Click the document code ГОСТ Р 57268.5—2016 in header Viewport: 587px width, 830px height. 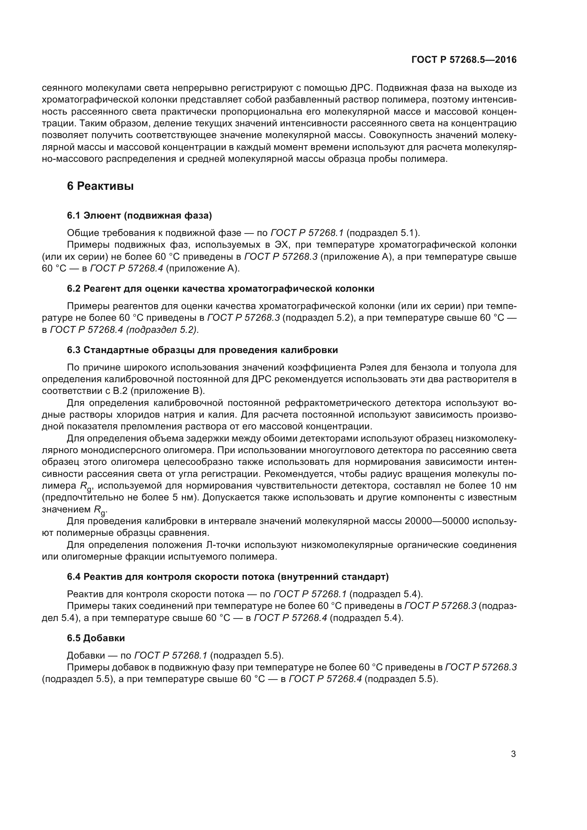[464, 60]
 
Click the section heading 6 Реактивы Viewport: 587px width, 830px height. [100, 186]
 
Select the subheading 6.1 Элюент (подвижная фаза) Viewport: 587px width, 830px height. [139, 215]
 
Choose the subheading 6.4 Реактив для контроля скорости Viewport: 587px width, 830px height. [228, 577]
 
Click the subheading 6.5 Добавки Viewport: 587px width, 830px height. [96, 638]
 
